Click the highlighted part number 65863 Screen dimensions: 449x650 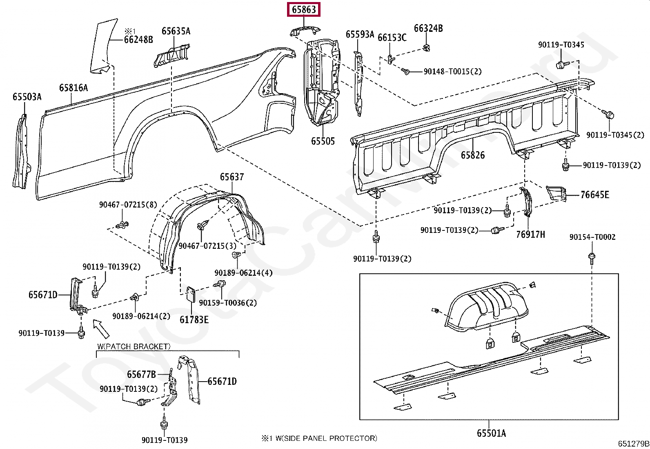click(x=304, y=9)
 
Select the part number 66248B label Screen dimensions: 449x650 click(x=138, y=40)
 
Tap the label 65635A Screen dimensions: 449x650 click(x=176, y=31)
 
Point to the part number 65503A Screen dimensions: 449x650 click(x=27, y=97)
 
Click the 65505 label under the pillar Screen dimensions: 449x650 click(x=323, y=141)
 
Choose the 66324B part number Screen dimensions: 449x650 click(x=428, y=28)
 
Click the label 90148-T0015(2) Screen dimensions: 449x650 click(x=452, y=71)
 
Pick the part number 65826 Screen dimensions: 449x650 click(x=473, y=155)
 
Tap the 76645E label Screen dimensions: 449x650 click(x=595, y=195)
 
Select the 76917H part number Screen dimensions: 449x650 click(x=530, y=235)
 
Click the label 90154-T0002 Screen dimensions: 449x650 click(x=592, y=237)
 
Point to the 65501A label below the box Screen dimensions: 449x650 click(x=491, y=433)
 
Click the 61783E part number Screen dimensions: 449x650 click(x=194, y=320)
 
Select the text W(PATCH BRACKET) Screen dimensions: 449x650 click(x=134, y=346)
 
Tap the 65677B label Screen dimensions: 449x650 click(x=141, y=375)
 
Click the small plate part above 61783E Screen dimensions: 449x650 click(x=190, y=294)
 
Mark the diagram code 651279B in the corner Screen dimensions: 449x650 click(x=633, y=444)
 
